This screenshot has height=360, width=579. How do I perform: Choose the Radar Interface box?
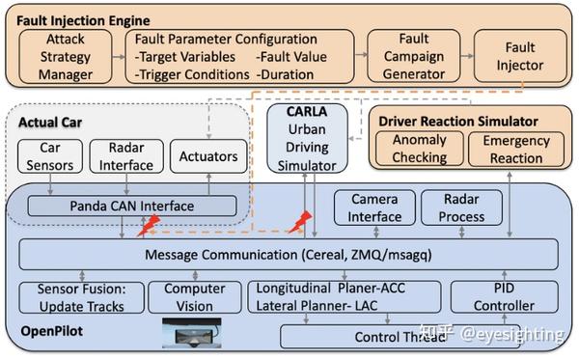pos(125,158)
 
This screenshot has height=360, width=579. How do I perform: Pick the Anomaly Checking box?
pos(419,149)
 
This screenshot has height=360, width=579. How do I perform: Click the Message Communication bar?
pos(289,255)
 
